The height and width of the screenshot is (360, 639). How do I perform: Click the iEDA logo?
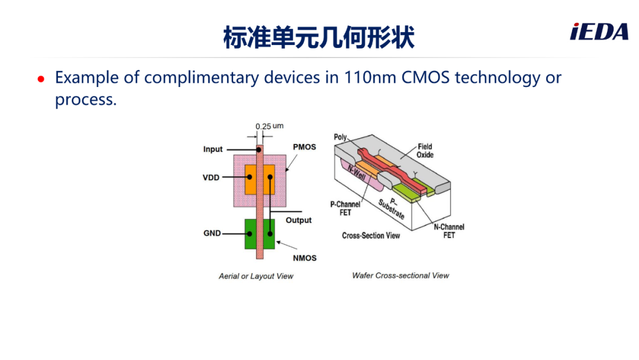coord(599,32)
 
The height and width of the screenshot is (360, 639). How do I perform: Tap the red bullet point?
coord(41,79)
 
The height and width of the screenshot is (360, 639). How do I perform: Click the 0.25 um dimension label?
coord(269,126)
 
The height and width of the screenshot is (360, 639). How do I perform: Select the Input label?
coord(213,149)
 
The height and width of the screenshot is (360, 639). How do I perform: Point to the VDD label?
coord(211,178)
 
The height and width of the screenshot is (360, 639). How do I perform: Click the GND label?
coord(212,233)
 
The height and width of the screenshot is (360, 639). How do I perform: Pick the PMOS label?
coord(305,147)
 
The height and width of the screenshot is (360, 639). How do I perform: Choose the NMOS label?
coord(305,258)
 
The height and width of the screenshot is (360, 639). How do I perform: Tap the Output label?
coord(298,220)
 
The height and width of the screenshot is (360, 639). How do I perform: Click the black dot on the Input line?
coord(259,150)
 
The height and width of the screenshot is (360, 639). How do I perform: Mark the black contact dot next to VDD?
coord(250,177)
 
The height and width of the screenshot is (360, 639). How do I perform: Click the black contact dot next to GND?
coord(250,234)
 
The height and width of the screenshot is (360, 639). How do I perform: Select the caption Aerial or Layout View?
coord(256,276)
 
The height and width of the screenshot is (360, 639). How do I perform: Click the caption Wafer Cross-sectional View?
coord(401,275)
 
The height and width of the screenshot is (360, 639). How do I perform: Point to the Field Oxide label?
coord(425,150)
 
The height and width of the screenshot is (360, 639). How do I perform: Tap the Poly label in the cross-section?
coord(340,137)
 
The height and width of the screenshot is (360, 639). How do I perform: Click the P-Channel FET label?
coord(345,208)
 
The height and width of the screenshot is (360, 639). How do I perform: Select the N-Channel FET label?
coord(448,231)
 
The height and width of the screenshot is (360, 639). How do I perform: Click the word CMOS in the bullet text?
coord(425,78)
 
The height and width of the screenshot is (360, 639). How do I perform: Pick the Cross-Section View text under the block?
coord(371,236)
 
